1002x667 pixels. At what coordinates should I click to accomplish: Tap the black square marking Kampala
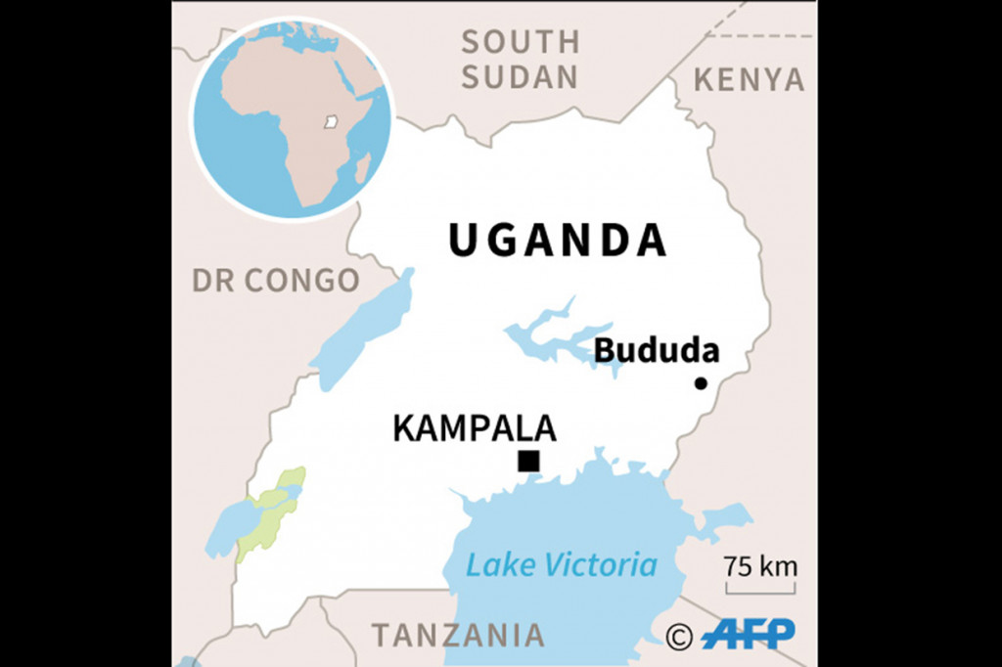click(x=528, y=461)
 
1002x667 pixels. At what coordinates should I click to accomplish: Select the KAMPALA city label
click(x=475, y=428)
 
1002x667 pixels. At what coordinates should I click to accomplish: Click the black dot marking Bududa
click(x=701, y=383)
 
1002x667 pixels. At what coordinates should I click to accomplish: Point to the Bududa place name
click(x=657, y=350)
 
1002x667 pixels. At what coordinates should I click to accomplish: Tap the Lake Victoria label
click(x=561, y=564)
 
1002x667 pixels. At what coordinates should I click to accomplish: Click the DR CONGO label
click(x=276, y=281)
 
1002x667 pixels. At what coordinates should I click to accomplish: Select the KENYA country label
click(x=750, y=79)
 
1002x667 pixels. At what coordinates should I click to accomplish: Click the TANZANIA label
click(x=457, y=635)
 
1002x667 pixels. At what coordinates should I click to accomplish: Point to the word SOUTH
click(x=521, y=42)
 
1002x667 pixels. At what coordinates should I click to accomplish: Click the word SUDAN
click(x=520, y=77)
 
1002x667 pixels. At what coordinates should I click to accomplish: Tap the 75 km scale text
click(x=760, y=566)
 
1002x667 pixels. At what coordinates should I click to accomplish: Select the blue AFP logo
click(x=749, y=634)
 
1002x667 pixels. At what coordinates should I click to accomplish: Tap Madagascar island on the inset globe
click(x=361, y=169)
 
